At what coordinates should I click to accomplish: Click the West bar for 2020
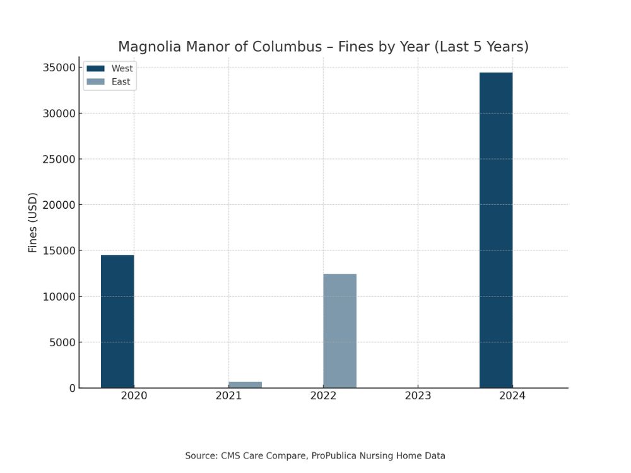[x=117, y=321]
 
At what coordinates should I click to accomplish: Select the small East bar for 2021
[x=245, y=385]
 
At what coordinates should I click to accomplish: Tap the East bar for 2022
[x=339, y=330]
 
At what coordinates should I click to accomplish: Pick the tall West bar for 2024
[x=496, y=230]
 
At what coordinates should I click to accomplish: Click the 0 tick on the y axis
[x=72, y=388]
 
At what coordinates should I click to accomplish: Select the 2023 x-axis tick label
[x=418, y=396]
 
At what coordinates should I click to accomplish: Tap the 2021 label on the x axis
[x=228, y=396]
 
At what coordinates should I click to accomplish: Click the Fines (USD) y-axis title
[x=33, y=223]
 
